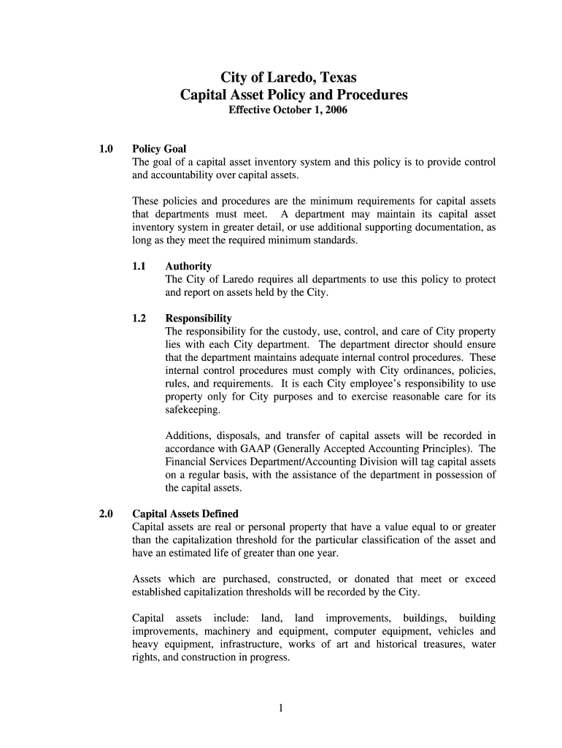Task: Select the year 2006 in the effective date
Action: coord(336,111)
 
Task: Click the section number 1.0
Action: coord(107,149)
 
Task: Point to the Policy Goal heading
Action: coord(158,149)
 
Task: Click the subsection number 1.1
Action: coord(139,267)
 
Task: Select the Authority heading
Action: coord(188,267)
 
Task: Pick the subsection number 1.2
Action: coord(139,318)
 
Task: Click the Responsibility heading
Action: coord(199,318)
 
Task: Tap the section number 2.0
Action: coord(107,514)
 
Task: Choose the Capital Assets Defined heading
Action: coord(185,514)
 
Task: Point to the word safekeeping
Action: coord(192,410)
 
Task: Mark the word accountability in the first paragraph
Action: coord(182,175)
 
